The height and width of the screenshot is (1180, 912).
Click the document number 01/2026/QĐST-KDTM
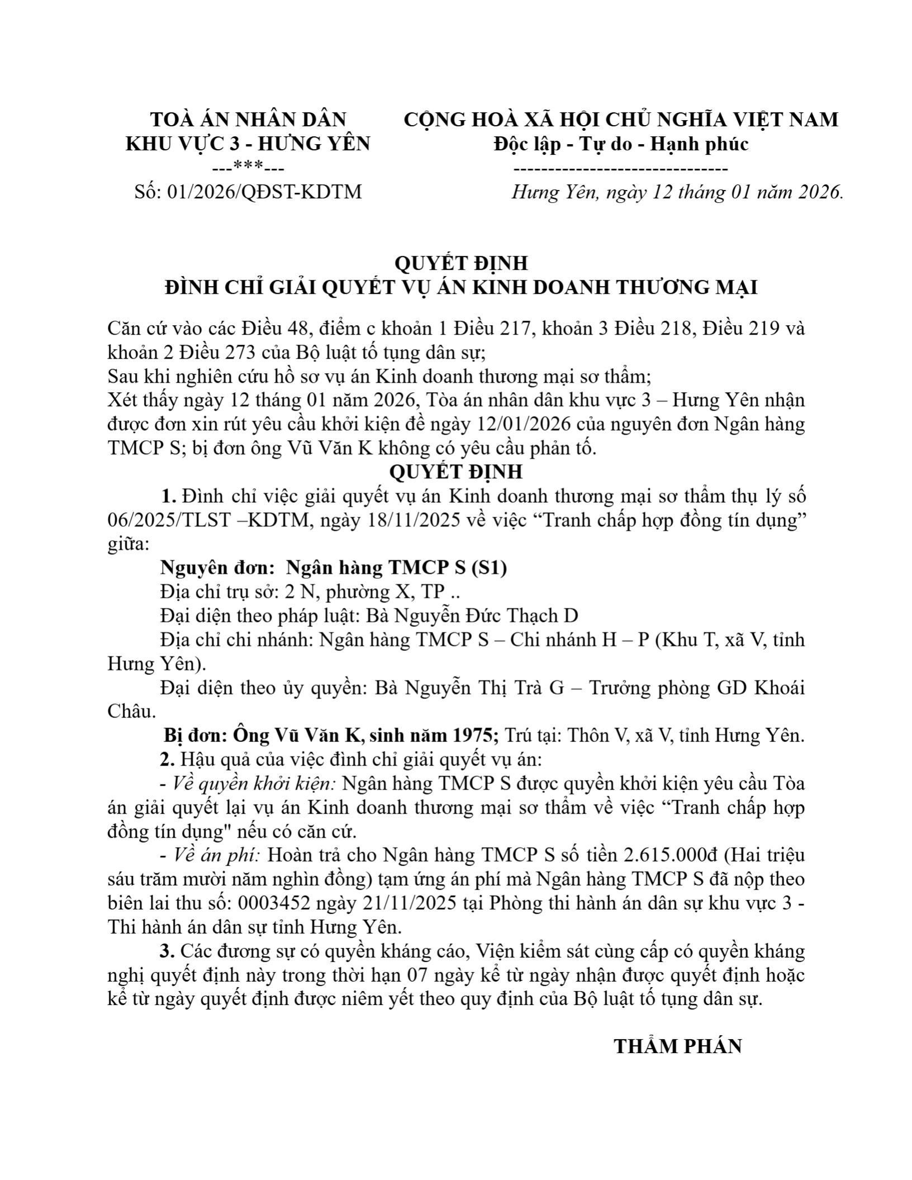click(x=264, y=192)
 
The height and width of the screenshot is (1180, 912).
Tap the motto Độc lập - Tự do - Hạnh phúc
click(x=621, y=144)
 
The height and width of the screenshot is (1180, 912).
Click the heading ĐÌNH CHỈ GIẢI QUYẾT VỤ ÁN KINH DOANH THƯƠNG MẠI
click(x=461, y=288)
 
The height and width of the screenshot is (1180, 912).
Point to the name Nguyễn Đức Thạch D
click(x=472, y=616)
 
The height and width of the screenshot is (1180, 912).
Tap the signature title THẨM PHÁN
click(x=678, y=1046)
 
